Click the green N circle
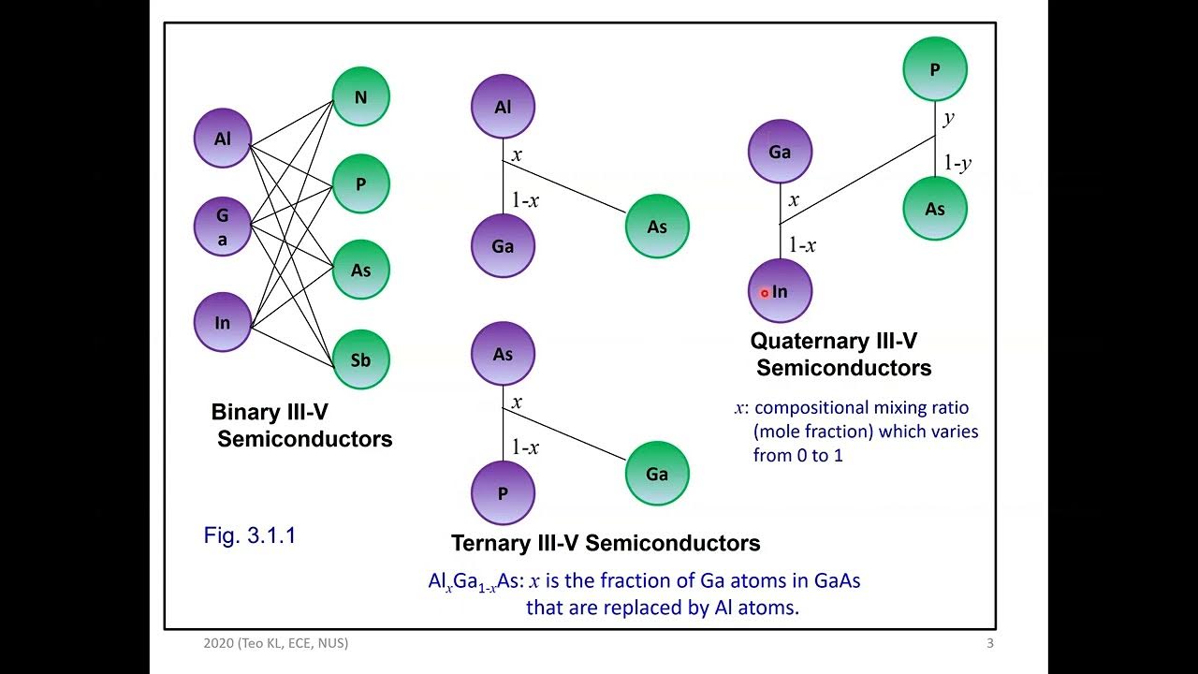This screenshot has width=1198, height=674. [x=361, y=96]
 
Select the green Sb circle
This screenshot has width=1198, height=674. [x=361, y=359]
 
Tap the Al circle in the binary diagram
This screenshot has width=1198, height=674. [x=223, y=138]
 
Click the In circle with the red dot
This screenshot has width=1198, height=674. [x=780, y=291]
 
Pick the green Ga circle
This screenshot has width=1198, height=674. [x=657, y=474]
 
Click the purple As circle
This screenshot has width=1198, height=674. [x=503, y=354]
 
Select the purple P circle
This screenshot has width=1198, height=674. [x=503, y=492]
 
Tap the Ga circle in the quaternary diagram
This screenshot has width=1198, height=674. [x=780, y=152]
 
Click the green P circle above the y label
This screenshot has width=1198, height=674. [x=935, y=69]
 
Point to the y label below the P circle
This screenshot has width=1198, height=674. [x=949, y=118]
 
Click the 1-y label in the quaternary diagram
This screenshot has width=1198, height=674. [x=957, y=163]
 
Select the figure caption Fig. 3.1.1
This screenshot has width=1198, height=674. [x=250, y=535]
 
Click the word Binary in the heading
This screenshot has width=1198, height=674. [x=245, y=412]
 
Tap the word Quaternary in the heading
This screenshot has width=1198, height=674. [x=803, y=342]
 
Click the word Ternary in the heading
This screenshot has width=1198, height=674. [x=489, y=543]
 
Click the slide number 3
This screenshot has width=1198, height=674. [x=990, y=643]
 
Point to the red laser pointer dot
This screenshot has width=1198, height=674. [x=765, y=293]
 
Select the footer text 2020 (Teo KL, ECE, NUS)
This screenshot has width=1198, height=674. [x=276, y=643]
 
